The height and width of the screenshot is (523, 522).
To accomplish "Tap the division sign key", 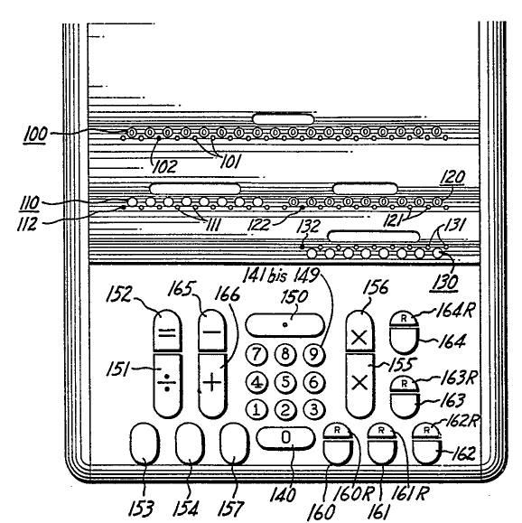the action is coord(167,385).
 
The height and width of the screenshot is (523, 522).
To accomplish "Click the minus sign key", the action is coord(212,331).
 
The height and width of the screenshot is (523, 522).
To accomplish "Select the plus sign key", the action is coord(212,385).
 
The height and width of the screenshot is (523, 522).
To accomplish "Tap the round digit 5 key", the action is coord(285,382).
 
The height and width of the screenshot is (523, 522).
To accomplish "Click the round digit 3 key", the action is coord(314,409).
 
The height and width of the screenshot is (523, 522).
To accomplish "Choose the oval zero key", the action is coord(285,438).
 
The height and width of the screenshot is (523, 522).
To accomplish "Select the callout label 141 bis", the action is coord(265,276).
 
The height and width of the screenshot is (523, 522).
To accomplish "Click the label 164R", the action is coord(454,311).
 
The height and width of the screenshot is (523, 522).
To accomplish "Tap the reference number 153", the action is coord(141,509).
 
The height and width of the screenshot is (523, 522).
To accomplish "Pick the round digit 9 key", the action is coord(313,354).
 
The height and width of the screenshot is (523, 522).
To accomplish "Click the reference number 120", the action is coord(452,177).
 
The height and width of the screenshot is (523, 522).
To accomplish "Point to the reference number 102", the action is coord(164,166).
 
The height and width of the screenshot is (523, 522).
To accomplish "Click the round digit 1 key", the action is coord(256,409).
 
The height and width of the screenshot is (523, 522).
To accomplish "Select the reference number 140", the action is coord(283,495).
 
